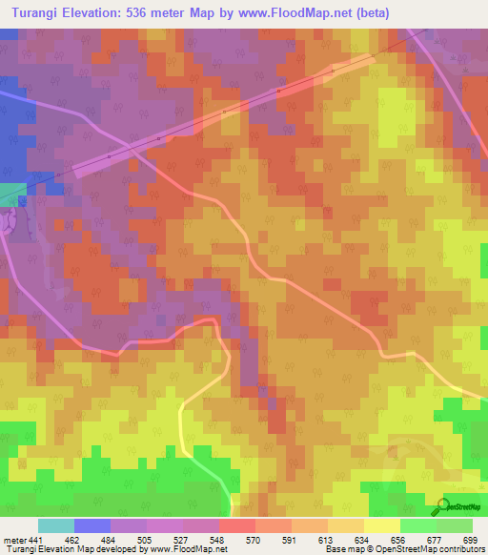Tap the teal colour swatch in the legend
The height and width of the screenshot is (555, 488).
click(55, 525)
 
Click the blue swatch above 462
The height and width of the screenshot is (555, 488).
click(91, 525)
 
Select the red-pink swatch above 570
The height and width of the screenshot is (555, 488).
click(236, 525)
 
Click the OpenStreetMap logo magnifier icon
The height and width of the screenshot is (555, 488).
click(440, 504)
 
